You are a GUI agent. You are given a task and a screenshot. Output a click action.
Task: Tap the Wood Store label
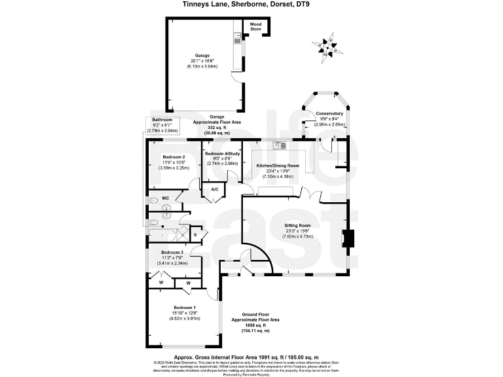tap(255, 27)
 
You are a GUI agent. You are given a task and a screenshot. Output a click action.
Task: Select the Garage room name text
tap(202, 55)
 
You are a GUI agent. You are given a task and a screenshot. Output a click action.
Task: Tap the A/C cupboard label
tap(214, 190)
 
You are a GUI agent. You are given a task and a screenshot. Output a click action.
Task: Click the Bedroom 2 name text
tap(174, 157)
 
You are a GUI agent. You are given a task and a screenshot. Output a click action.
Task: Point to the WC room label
tap(165, 197)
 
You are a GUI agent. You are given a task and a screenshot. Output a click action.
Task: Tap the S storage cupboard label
tap(195, 234)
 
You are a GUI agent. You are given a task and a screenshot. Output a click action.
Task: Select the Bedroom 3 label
tap(172, 252)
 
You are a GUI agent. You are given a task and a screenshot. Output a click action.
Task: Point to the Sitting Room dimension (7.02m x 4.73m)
tap(298, 236)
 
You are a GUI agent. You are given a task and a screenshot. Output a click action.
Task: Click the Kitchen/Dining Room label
tap(278, 166)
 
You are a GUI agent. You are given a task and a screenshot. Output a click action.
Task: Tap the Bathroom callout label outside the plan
tap(162, 120)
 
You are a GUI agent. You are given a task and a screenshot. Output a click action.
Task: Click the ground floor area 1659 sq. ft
tap(255, 325)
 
